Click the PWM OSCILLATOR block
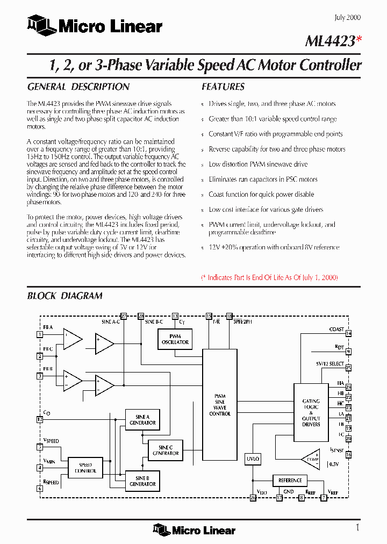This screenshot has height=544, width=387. (x=175, y=339)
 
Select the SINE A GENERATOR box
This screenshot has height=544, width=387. (x=142, y=420)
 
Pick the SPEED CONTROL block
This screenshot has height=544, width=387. (x=85, y=468)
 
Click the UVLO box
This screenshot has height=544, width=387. (x=252, y=459)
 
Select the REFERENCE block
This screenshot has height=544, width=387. (x=290, y=480)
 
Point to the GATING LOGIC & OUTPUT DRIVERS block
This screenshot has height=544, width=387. (x=311, y=412)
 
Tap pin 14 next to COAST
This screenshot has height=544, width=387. (x=348, y=334)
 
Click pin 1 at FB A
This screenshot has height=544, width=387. (x=39, y=334)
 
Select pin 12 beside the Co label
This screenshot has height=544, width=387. (x=39, y=419)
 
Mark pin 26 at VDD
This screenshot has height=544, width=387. (x=253, y=498)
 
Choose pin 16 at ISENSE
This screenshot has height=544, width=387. (x=348, y=455)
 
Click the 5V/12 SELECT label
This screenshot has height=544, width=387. (x=329, y=364)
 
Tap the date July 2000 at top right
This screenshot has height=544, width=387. (x=347, y=17)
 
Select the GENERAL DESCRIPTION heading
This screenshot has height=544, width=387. (x=78, y=87)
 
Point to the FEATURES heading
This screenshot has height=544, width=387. (x=223, y=87)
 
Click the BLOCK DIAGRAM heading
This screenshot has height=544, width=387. (x=64, y=296)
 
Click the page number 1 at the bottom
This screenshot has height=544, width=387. (x=357, y=527)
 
